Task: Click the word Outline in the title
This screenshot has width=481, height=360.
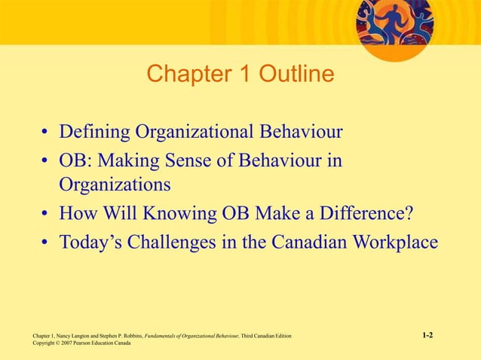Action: click(296, 75)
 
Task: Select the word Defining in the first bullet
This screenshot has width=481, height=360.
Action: click(94, 133)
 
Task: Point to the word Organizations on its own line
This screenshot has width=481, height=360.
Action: click(115, 184)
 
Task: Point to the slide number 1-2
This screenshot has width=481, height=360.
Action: click(427, 334)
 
